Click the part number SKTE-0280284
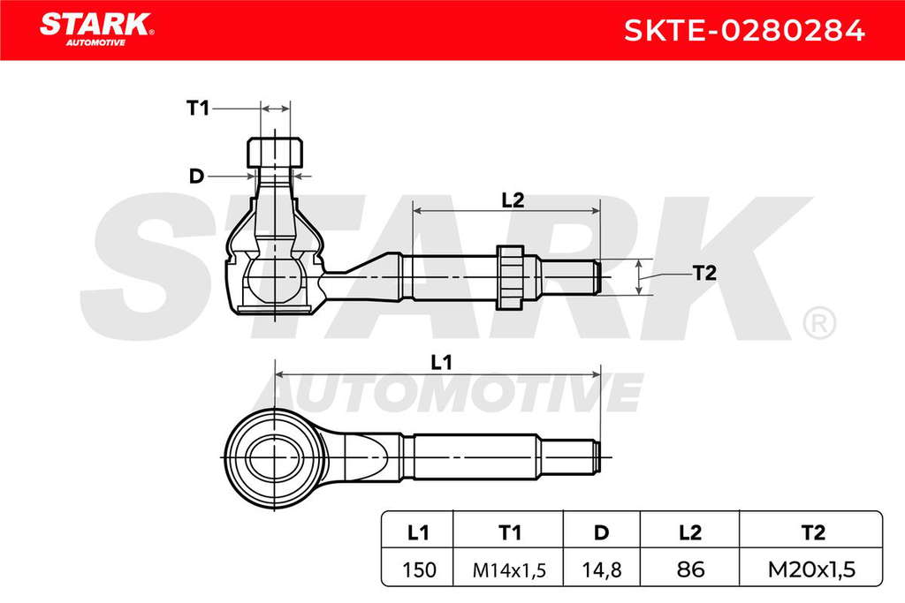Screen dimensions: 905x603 pos(744,30)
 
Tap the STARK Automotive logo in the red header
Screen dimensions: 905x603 pos(96,29)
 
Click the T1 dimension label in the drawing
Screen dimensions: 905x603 pos(198,108)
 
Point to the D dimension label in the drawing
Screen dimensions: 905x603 pos(197,176)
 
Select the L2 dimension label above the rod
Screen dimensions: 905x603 pos(513,200)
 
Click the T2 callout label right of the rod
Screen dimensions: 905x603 pos(704,273)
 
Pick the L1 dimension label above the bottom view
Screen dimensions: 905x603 pos(442,363)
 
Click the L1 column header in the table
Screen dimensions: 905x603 pos(418,532)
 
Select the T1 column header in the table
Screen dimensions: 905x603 pos(509,532)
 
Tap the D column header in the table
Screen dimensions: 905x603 pos(601,532)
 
